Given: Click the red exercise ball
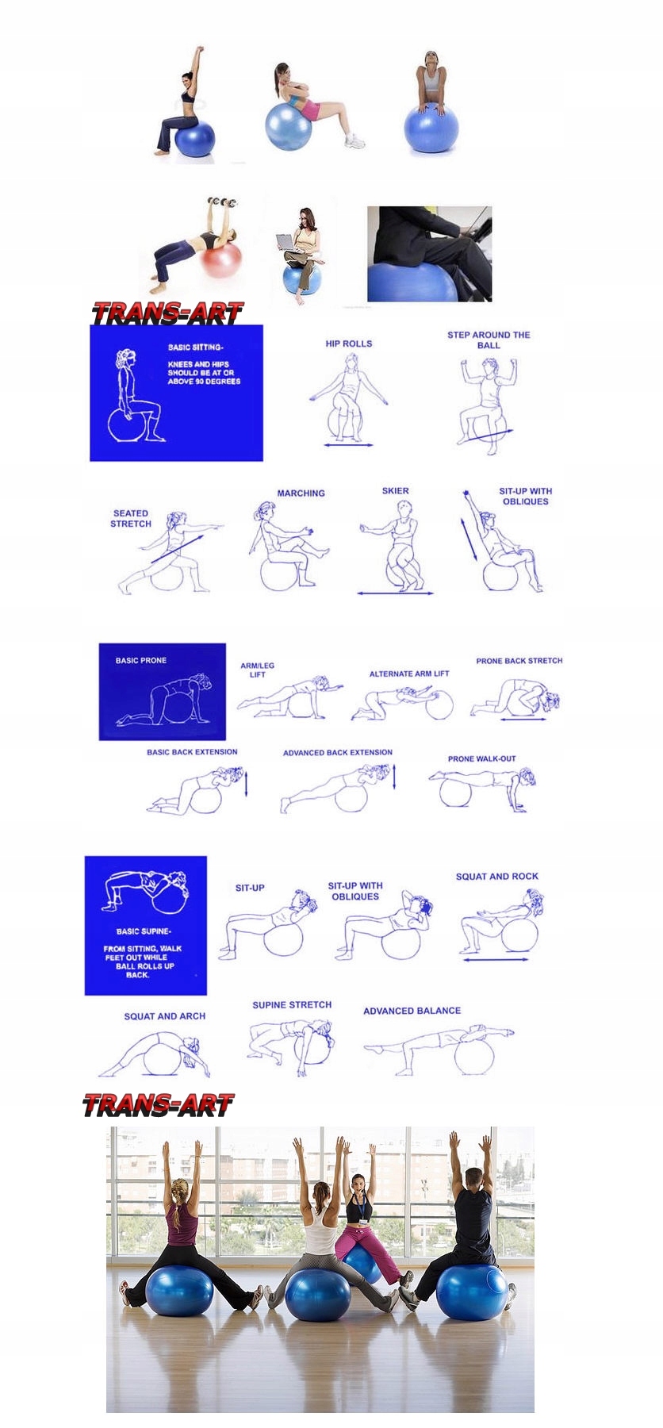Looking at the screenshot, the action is click(222, 260).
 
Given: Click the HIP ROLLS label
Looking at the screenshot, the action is click(348, 344).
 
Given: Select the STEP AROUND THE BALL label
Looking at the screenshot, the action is click(489, 340).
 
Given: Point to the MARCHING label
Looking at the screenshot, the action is click(301, 493).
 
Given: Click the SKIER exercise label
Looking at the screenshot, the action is click(396, 490).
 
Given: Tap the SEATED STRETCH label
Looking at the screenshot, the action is click(131, 518).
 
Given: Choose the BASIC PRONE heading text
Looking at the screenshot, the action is click(141, 660).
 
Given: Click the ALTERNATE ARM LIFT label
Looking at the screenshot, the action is click(409, 674).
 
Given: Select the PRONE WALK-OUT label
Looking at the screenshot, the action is click(481, 758).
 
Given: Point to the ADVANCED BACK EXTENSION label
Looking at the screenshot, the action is click(338, 752).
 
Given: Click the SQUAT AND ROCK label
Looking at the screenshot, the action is click(497, 876).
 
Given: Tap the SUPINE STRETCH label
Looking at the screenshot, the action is click(292, 1004).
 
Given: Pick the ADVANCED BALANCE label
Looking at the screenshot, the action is click(412, 1010).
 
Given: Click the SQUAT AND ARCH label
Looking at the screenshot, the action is click(164, 1015).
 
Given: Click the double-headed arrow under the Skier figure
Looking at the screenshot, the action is click(395, 593).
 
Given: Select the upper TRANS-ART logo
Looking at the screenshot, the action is click(167, 313).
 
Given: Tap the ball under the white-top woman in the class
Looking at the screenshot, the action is click(317, 1295).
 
